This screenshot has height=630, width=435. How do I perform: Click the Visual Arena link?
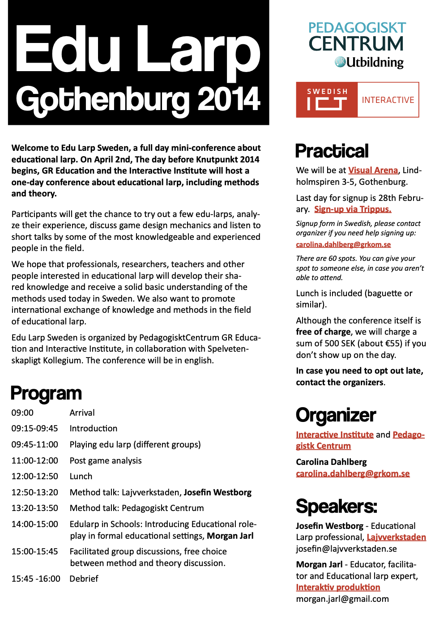coord(373,170)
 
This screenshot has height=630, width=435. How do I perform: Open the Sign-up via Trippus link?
coord(353,209)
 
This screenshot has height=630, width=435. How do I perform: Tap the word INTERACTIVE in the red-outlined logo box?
coord(388,100)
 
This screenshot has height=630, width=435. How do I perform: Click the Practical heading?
coord(332,151)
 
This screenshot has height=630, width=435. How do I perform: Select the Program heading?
coord(46,393)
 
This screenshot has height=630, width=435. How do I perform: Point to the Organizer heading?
coord(336,415)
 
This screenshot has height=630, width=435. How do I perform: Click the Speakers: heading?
coord(336,507)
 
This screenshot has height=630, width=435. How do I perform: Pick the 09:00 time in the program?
coord(22,413)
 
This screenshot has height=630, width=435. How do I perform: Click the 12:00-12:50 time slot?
coord(35,477)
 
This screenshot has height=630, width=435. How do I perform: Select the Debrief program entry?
coord(84,579)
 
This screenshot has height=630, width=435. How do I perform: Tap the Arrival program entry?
coord(82,413)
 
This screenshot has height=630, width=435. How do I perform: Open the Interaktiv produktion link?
coord(338,587)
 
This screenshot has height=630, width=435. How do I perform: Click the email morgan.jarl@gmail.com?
coord(342,599)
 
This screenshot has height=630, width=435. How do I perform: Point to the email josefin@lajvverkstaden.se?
coord(347,549)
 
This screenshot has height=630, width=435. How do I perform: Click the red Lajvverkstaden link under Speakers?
coord(396,537)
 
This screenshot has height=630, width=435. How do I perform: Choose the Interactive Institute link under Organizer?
coord(334,435)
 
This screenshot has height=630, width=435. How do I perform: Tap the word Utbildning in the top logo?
coord(375,63)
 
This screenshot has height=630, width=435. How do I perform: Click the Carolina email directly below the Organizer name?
coord(353,474)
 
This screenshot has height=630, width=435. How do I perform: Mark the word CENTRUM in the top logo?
coord(356,44)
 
